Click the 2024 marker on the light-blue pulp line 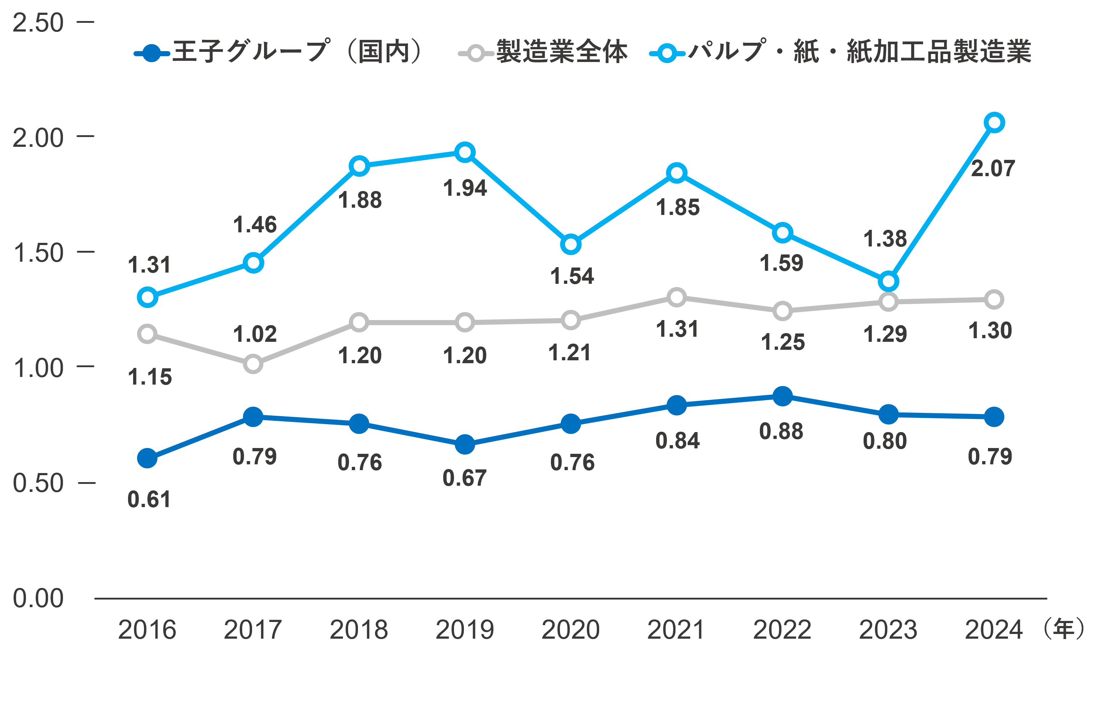[x=994, y=123]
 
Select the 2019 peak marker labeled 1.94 [x=465, y=152]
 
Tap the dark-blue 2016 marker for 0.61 [x=147, y=459]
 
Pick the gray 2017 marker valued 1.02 [x=253, y=364]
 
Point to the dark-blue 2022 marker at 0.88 [x=783, y=397]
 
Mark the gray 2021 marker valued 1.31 [x=677, y=297]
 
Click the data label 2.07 [x=993, y=169]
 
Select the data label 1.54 [x=572, y=277]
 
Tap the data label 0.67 [x=464, y=478]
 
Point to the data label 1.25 [x=783, y=342]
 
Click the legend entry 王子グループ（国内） [x=278, y=52]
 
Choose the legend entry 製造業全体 [x=542, y=52]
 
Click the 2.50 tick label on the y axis [x=38, y=23]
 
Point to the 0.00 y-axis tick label [x=38, y=598]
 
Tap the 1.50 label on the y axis [x=38, y=253]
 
